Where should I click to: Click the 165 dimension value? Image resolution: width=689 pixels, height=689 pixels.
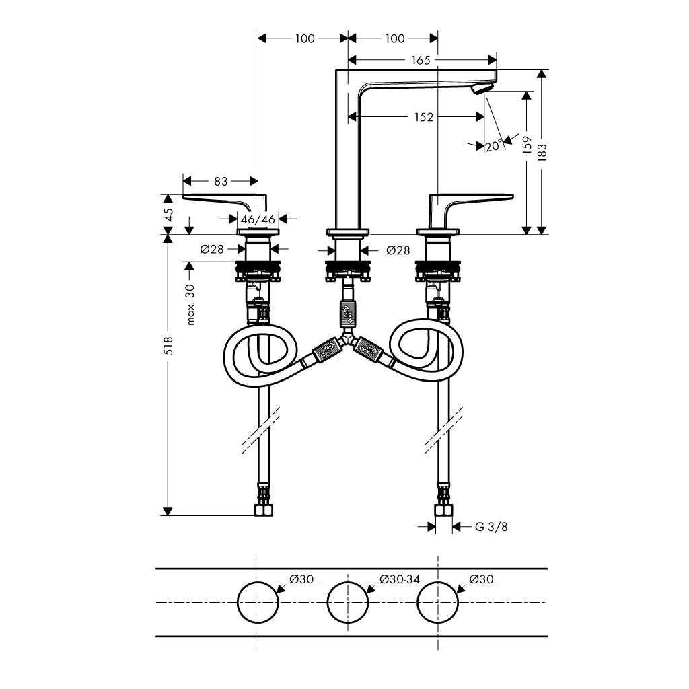pos(421,60)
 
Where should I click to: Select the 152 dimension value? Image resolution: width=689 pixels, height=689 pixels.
pos(424,117)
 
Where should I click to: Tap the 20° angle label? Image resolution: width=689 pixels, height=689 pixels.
pos(494,145)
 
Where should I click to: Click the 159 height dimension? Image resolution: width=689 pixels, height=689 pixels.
pos(527,145)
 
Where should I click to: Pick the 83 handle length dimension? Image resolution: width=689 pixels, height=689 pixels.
pos(221,181)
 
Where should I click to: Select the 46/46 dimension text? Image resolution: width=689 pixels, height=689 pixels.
pos(258,219)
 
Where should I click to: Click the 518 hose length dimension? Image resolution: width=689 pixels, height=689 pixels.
pos(168,345)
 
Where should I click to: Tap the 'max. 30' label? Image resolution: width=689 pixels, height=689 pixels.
pos(190,304)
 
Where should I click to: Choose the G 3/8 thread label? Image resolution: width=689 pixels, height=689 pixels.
pos(491,526)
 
